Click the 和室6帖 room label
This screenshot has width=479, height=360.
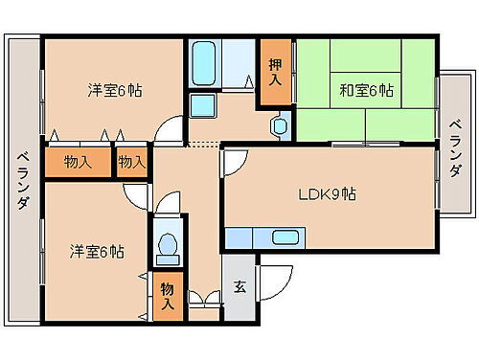(365, 91)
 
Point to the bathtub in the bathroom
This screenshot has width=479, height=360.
(203, 65)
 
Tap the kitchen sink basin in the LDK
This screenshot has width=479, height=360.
(286, 238)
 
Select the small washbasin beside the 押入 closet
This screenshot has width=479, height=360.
(280, 124)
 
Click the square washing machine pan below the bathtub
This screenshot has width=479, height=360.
(202, 105)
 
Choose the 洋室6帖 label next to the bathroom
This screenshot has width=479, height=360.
(115, 91)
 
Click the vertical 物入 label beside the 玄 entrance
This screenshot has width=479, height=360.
(168, 296)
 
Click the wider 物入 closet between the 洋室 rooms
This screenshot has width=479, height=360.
(79, 162)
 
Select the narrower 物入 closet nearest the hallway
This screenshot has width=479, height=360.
(131, 162)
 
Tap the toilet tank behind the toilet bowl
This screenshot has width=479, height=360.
(167, 259)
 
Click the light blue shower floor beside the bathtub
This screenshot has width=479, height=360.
(237, 65)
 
